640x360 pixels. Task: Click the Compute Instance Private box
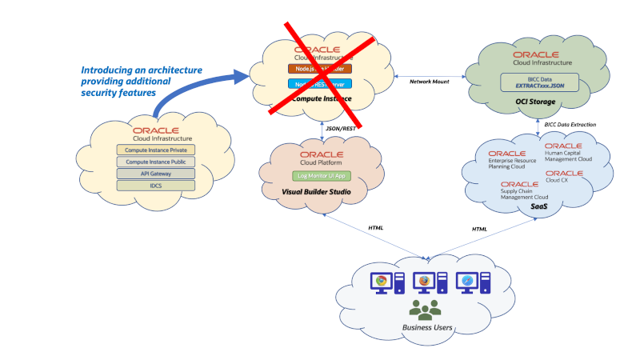[156, 150]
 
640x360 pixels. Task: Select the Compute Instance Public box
[156, 162]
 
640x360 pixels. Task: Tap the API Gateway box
[156, 174]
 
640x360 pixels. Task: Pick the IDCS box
[156, 186]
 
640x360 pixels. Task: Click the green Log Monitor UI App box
[318, 175]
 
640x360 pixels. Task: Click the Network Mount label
[430, 82]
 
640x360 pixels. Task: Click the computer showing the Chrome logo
[382, 282]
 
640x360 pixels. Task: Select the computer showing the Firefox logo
[425, 282]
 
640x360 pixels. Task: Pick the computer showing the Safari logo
[468, 282]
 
